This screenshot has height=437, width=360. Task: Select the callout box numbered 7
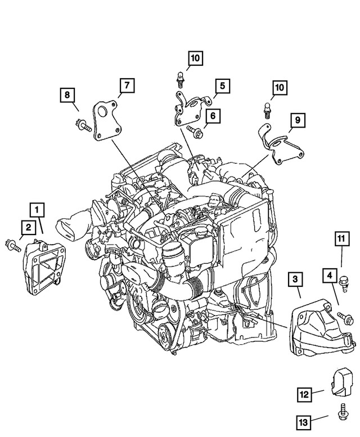(x=127, y=85)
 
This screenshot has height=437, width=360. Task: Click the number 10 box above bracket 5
(x=194, y=58)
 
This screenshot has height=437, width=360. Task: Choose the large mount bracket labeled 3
(x=318, y=330)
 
